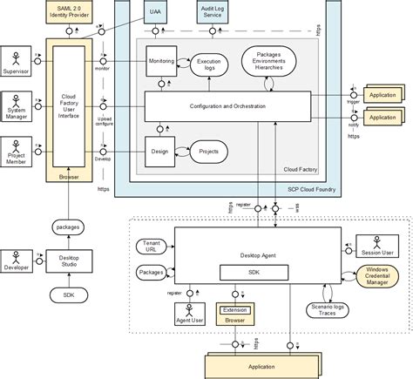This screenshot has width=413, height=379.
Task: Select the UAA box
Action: (155, 13)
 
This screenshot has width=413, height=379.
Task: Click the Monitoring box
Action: (160, 64)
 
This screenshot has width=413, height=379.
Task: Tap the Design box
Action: (160, 151)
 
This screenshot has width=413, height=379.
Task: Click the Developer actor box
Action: (17, 261)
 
